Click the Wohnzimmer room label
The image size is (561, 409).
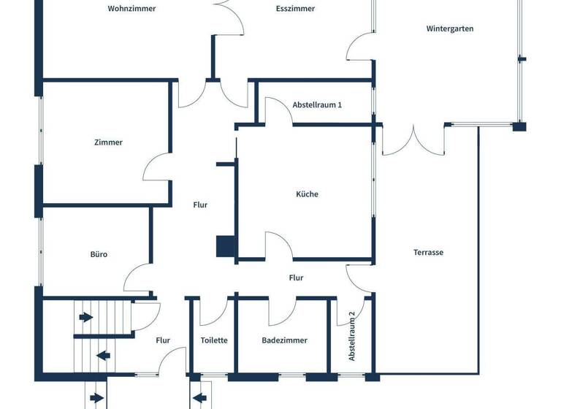131,9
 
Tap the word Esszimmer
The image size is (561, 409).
295,9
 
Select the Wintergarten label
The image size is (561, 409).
450,29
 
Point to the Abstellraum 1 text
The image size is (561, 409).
317,105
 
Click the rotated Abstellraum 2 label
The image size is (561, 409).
352,336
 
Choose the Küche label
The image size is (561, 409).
307,194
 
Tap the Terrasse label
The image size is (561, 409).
429,253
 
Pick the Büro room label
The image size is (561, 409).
99,254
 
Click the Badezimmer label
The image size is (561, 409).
284,340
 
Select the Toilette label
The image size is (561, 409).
214,340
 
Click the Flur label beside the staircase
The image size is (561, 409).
163,340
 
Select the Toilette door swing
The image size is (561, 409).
215,313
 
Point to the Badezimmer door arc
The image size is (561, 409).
282,313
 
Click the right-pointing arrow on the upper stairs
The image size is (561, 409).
86,317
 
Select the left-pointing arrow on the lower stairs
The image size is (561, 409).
103,356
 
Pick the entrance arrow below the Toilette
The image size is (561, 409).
198,399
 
